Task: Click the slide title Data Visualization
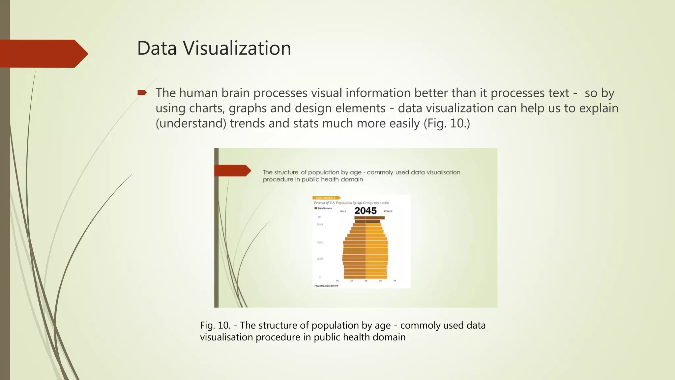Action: point(214,48)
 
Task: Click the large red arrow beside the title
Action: point(43,54)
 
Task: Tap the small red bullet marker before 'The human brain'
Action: point(142,93)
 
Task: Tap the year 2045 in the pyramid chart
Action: point(365,211)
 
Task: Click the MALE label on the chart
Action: point(343,211)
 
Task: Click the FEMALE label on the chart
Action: point(388,211)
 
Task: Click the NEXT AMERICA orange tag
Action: point(326,198)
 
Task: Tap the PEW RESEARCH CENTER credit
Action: point(326,286)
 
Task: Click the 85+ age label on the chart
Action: point(319,217)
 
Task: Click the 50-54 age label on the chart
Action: point(319,242)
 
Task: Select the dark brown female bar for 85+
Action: point(375,218)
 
